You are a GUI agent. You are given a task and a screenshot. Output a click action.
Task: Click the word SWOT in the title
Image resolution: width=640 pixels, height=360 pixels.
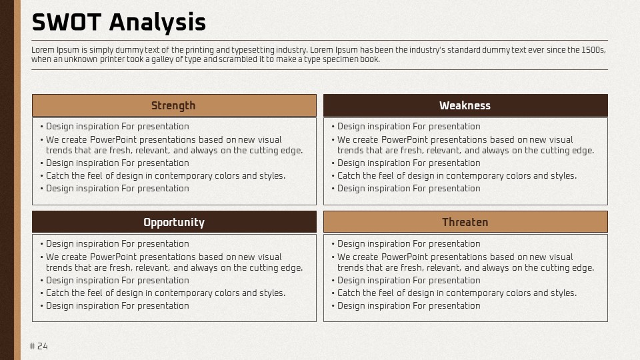coord(67,22)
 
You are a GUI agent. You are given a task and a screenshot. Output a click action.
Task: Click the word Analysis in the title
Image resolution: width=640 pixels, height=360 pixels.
coord(157,23)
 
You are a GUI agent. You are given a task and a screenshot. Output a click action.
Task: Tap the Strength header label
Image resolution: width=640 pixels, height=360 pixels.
coord(173,106)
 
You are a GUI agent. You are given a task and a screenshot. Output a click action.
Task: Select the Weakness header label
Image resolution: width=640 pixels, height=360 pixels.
coord(465,105)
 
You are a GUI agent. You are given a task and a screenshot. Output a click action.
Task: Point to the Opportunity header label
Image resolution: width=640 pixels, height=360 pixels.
coord(174,223)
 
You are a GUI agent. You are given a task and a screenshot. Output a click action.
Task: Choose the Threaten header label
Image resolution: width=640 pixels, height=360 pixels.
coord(465,222)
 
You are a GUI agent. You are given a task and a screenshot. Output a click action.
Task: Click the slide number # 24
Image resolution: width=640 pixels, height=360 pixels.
coord(39,346)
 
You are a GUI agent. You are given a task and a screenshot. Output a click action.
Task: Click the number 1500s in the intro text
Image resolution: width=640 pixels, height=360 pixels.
coord(593,50)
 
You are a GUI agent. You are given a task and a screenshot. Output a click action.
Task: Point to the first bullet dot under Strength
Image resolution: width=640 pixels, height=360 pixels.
coord(41,127)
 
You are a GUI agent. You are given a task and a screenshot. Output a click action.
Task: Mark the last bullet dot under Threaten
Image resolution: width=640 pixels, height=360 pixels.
coord(333,306)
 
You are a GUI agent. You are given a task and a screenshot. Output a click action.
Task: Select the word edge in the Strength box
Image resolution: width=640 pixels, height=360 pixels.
coord(293,151)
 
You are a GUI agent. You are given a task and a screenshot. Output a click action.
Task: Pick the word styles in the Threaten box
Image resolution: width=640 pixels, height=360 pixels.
coord(564,293)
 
